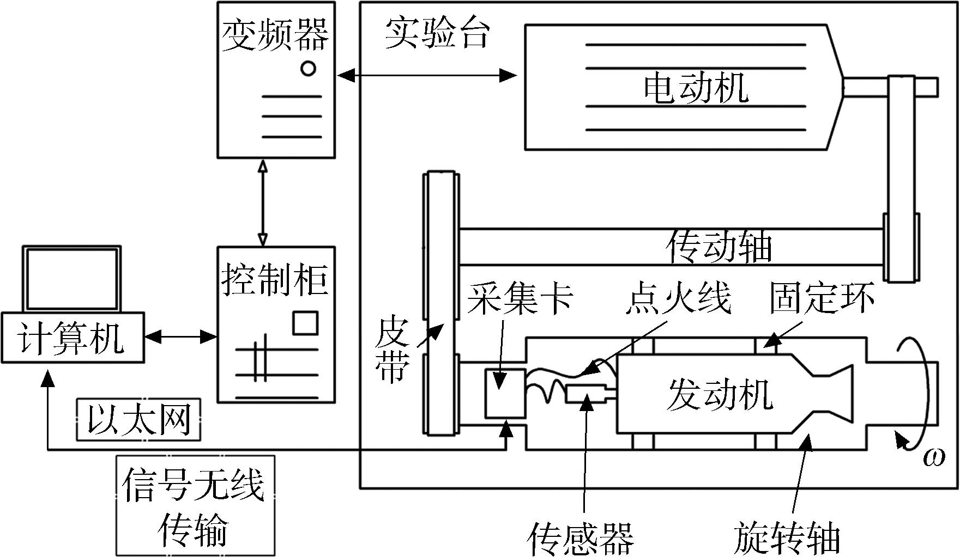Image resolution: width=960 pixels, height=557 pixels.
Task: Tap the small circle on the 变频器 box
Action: (308, 69)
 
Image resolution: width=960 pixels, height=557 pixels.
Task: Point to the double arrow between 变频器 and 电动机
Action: (426, 75)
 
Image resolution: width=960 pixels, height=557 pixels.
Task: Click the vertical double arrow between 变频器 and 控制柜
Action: (263, 203)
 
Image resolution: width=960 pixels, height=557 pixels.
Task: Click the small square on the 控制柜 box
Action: (305, 322)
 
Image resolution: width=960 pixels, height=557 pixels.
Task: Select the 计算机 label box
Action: (73, 338)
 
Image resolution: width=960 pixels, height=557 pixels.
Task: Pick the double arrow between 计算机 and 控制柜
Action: (181, 338)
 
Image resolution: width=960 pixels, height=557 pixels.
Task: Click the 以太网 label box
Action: (138, 420)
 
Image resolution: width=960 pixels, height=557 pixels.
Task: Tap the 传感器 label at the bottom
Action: (581, 538)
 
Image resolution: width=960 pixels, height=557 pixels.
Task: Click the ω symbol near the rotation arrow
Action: (934, 457)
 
